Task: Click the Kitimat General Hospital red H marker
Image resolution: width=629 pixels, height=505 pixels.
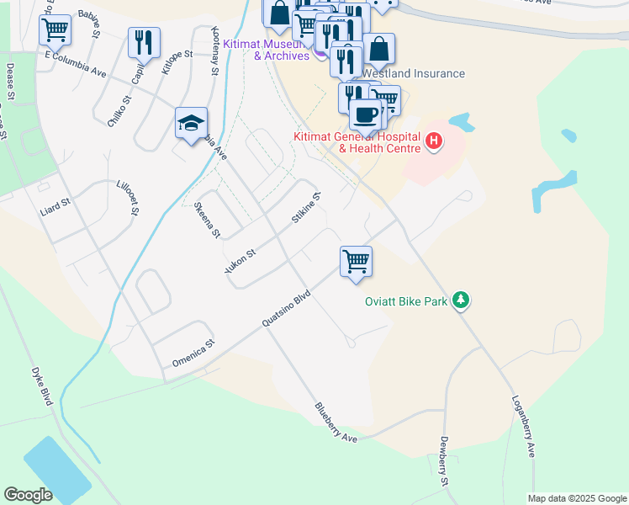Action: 434,140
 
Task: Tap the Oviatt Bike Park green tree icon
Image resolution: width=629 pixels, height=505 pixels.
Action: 460,300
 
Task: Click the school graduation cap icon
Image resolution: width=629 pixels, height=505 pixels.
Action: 191,123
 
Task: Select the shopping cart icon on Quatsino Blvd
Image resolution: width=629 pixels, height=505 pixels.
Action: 356,261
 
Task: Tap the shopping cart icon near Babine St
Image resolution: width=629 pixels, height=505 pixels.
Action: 55,29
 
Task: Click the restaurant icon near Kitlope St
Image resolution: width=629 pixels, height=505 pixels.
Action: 144,42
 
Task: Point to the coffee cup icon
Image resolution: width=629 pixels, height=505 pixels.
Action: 365,114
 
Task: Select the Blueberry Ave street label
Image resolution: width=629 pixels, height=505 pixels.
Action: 337,423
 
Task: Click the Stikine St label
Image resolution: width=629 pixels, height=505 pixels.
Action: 307,210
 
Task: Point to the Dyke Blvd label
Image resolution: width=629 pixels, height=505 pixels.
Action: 42,386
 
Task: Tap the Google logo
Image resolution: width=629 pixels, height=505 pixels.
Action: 29,495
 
